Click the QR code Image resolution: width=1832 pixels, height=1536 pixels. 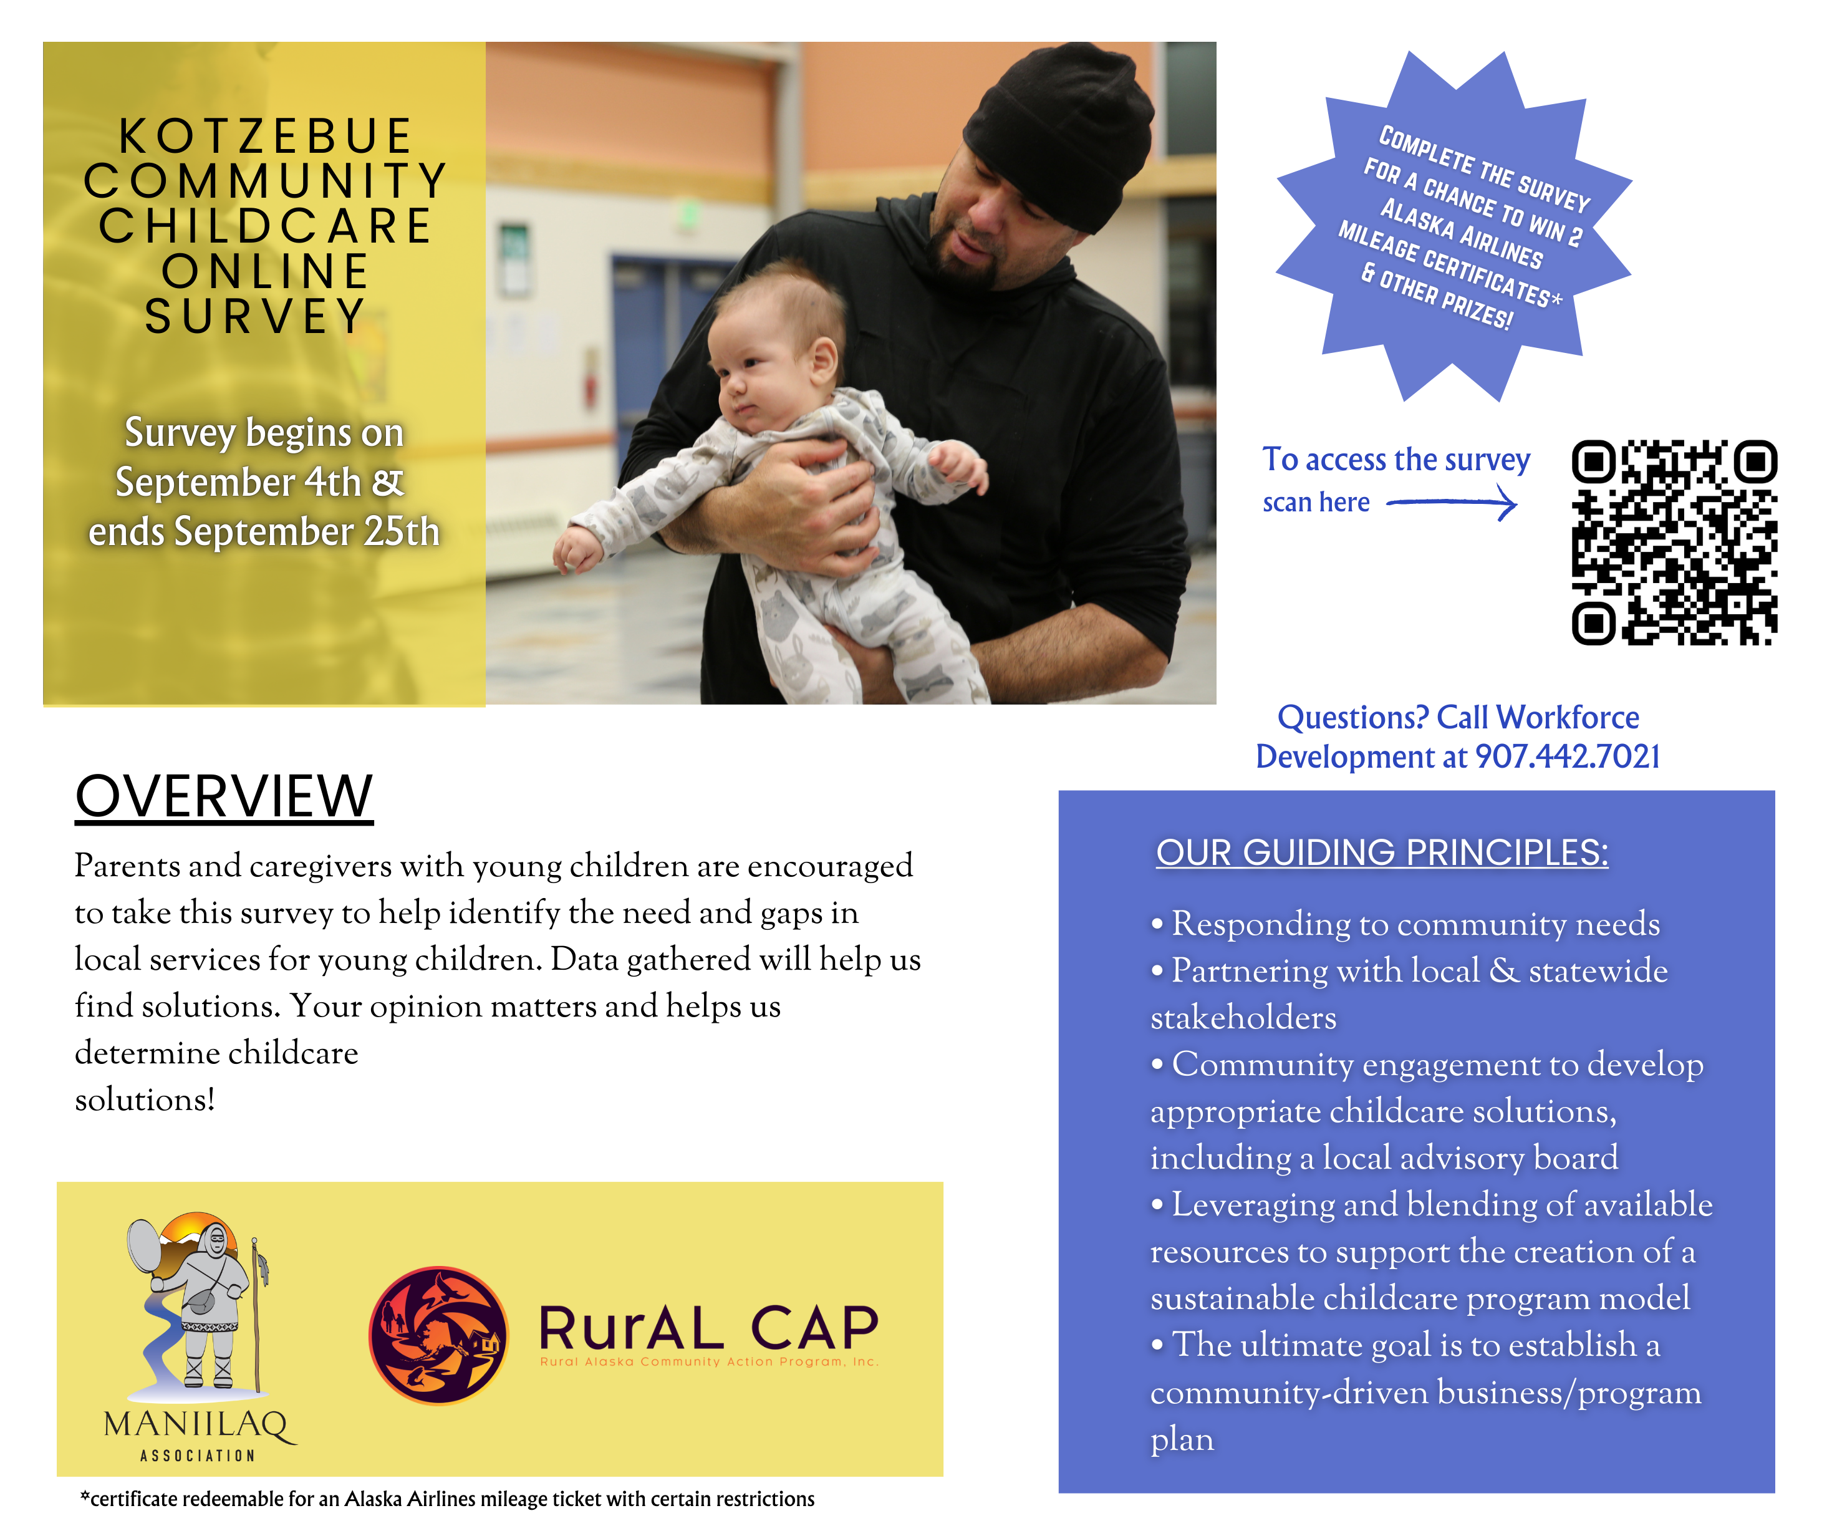[x=1674, y=542]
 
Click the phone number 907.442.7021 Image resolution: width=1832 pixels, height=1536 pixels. [x=1567, y=756]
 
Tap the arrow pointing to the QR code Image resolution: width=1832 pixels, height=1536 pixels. [x=1452, y=503]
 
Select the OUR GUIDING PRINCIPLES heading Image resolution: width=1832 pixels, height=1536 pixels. [x=1382, y=853]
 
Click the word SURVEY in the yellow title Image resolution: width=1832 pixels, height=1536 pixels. [x=256, y=316]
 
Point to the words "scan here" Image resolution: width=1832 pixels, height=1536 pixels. [x=1316, y=503]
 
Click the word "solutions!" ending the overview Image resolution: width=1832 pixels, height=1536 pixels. [x=145, y=1099]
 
